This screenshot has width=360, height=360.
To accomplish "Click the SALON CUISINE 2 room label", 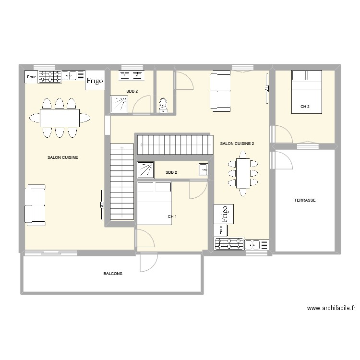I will tap(237, 144).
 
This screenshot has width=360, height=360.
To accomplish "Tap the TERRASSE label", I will tap(305, 200).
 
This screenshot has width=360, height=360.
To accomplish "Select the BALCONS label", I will tap(113, 274).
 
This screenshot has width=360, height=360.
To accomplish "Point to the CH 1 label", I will tap(172, 216).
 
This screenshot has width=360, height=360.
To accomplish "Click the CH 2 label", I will tap(305, 107).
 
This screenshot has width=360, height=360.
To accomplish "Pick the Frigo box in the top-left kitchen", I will tap(95, 81).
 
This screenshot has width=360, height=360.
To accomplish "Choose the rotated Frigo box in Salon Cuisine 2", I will tap(224, 214).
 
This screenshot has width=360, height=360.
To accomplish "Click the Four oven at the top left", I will tap(32, 76).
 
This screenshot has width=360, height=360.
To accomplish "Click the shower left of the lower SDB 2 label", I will tap(145, 170).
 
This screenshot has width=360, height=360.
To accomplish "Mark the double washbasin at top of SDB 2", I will tap(132, 74).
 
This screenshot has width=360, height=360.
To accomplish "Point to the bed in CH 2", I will tap(306, 92).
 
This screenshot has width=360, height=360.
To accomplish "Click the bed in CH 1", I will tap(154, 204).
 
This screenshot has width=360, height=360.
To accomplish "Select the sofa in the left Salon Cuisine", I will tap(36, 205).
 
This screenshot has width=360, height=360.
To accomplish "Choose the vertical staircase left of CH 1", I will tap(122, 182).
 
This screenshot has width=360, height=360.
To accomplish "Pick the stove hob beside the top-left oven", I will tap(50, 76).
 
